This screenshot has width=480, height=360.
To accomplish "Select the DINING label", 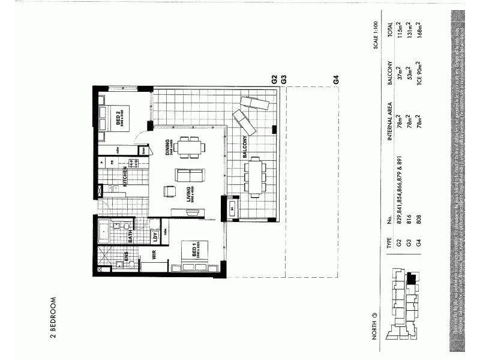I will [x=169, y=146].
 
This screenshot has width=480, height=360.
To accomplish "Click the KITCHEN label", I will [x=125, y=178].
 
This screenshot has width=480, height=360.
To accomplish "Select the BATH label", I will [x=130, y=237].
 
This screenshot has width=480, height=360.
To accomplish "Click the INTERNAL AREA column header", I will [x=389, y=143].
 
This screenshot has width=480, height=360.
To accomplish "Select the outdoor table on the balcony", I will [x=255, y=176].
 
